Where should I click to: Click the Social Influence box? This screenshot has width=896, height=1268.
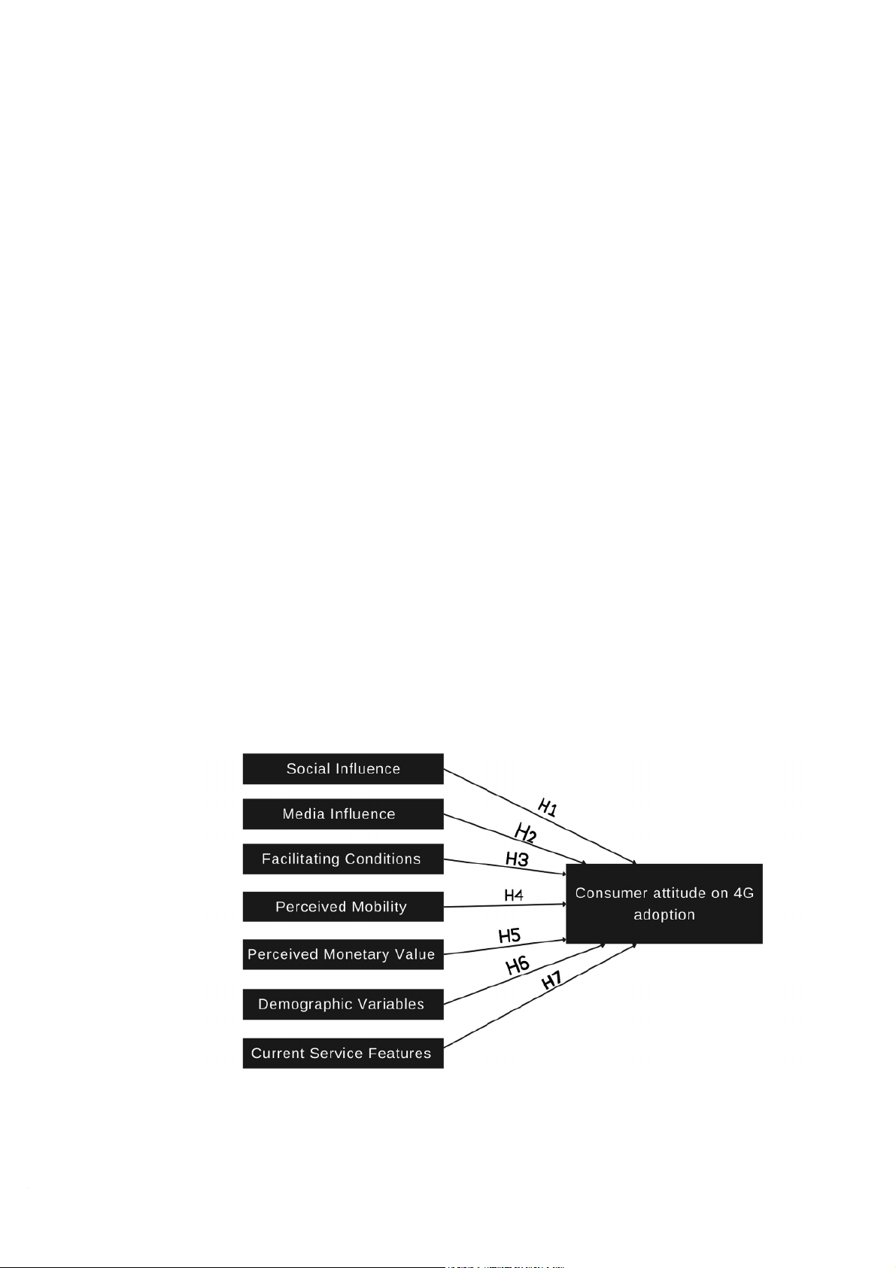[343, 768]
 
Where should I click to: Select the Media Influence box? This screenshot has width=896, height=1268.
[343, 813]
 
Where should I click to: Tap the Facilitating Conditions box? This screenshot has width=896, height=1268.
[343, 859]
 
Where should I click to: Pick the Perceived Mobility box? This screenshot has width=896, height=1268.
[343, 906]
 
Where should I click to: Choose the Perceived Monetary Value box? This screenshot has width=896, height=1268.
[343, 954]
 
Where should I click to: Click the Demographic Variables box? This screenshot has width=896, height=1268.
[343, 1004]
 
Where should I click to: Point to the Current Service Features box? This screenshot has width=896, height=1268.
[343, 1053]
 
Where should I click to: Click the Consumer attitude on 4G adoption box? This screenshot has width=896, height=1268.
[664, 904]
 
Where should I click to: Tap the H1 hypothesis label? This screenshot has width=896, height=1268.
[548, 807]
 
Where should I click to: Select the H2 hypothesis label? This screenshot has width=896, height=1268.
[525, 833]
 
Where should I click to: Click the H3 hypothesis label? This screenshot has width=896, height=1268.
[517, 859]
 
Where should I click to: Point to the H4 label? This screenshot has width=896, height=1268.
[513, 895]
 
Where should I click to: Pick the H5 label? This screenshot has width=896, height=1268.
[509, 935]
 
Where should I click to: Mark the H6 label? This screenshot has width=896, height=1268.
[518, 965]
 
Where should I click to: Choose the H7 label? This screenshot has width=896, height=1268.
[551, 981]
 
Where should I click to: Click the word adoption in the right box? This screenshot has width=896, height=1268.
[664, 915]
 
